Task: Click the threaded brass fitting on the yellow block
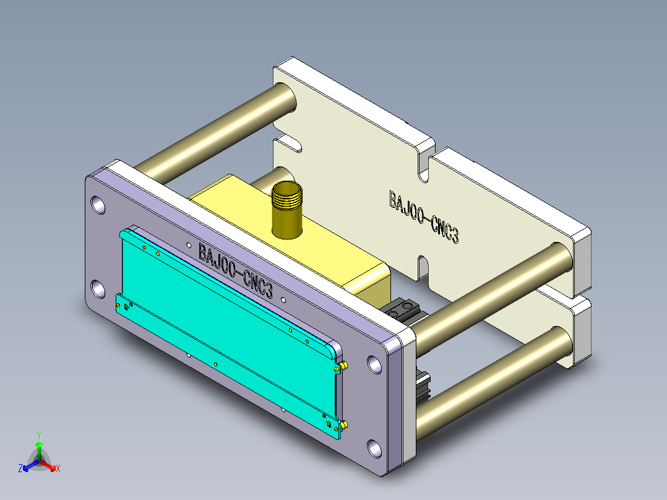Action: pos(286,210)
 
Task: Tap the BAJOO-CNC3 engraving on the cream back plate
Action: pos(424,217)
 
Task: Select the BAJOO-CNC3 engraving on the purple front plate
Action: pos(235,270)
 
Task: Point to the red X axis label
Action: pos(58,468)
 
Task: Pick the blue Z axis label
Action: pos(20,468)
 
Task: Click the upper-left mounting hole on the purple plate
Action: pos(98,205)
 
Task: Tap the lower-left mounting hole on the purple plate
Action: pos(98,289)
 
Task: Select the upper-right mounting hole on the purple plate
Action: pos(374,364)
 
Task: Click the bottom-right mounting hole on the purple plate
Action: pos(374,449)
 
